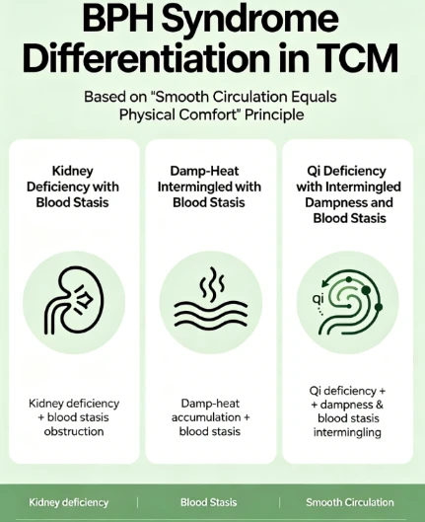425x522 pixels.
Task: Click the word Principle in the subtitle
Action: pyautogui.click(x=274, y=114)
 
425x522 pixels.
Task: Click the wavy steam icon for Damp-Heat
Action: pyautogui.click(x=211, y=297)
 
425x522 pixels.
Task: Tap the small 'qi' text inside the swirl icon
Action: pyautogui.click(x=318, y=298)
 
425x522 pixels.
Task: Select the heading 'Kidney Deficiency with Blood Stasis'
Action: pyautogui.click(x=73, y=186)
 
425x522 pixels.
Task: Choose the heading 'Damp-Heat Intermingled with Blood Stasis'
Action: pyautogui.click(x=209, y=186)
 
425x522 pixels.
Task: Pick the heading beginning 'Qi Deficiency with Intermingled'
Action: pyautogui.click(x=348, y=194)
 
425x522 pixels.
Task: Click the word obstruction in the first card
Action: pyautogui.click(x=74, y=431)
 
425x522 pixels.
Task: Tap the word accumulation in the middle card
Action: pyautogui.click(x=206, y=417)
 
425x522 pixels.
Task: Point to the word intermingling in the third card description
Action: pyautogui.click(x=347, y=432)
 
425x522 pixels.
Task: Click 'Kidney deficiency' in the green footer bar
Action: pyautogui.click(x=68, y=502)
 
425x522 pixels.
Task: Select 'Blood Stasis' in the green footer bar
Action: pyautogui.click(x=208, y=502)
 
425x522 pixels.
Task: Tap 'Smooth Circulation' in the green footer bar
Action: pyautogui.click(x=350, y=502)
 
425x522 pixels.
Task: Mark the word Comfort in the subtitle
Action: pyautogui.click(x=209, y=114)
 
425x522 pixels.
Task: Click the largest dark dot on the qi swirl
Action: pyautogui.click(x=366, y=291)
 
